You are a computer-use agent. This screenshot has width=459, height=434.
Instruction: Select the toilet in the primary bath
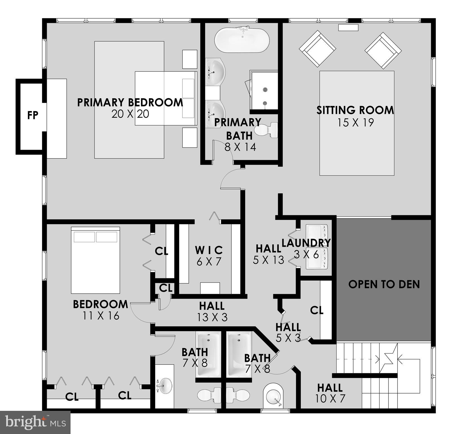pyautogui.click(x=266, y=130)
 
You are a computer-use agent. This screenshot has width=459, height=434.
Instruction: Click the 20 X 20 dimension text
pyautogui.click(x=130, y=114)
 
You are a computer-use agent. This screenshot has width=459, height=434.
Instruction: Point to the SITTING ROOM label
pyautogui.click(x=355, y=110)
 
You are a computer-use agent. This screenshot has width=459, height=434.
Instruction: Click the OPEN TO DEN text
pyautogui.click(x=384, y=284)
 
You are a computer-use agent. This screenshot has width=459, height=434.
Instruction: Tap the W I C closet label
pyautogui.click(x=209, y=250)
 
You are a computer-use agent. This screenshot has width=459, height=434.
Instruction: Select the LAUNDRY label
pyautogui.click(x=306, y=243)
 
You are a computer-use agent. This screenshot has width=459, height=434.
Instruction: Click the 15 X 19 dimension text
pyautogui.click(x=355, y=123)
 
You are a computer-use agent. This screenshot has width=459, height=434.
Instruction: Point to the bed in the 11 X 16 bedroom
pyautogui.click(x=95, y=260)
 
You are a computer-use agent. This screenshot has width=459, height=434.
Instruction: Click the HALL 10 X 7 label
pyautogui.click(x=330, y=388)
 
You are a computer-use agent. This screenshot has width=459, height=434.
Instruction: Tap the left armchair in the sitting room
pyautogui.click(x=317, y=49)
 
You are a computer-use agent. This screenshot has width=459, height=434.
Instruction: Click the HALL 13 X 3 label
pyautogui.click(x=212, y=306)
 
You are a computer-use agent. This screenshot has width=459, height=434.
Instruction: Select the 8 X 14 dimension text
pyautogui.click(x=240, y=147)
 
